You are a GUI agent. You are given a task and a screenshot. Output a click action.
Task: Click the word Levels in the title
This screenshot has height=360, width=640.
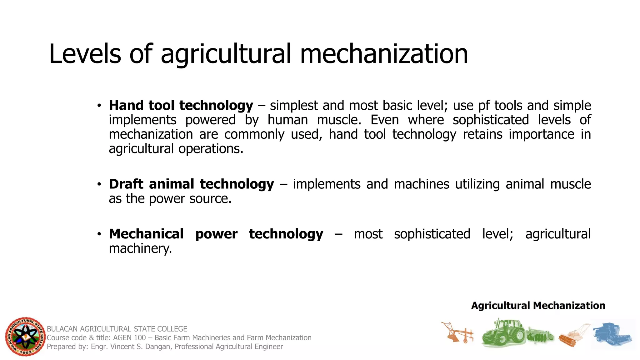[85, 54]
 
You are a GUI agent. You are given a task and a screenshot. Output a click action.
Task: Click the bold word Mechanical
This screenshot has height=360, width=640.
[146, 234]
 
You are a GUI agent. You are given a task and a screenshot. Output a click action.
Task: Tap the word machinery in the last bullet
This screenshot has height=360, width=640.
[140, 249]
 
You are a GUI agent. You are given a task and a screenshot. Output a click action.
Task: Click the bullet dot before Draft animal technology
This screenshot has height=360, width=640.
[99, 184]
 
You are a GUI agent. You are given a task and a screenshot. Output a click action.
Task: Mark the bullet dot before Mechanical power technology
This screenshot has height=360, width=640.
[99, 234]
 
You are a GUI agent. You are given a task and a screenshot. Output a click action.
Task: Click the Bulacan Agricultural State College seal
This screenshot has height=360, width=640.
[25, 337]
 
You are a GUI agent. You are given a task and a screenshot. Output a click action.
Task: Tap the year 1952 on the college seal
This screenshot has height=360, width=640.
[26, 352]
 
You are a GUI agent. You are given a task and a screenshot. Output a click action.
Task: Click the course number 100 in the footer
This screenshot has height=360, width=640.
[140, 338]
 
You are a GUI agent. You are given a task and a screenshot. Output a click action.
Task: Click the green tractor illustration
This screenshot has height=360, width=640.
[503, 332]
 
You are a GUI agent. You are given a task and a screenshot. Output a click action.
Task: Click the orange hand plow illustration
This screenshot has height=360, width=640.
[457, 333]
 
